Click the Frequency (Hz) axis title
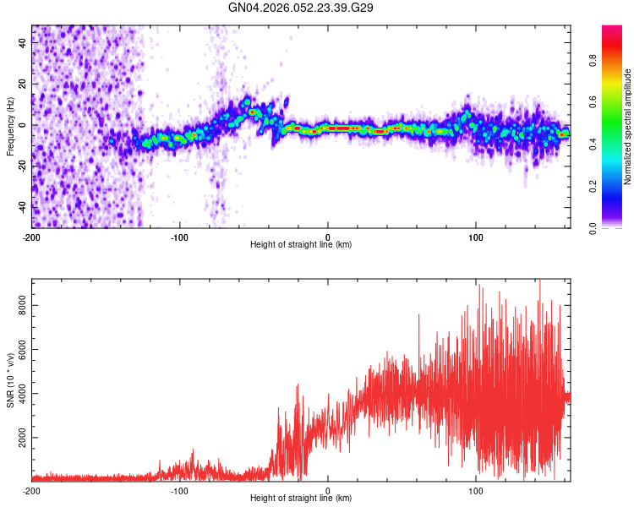(10, 127)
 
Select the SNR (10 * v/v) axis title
(10, 380)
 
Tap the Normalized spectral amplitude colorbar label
(627, 127)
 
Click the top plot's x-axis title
(301, 244)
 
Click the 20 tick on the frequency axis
(24, 84)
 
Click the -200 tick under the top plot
(32, 237)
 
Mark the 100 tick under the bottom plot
(475, 490)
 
